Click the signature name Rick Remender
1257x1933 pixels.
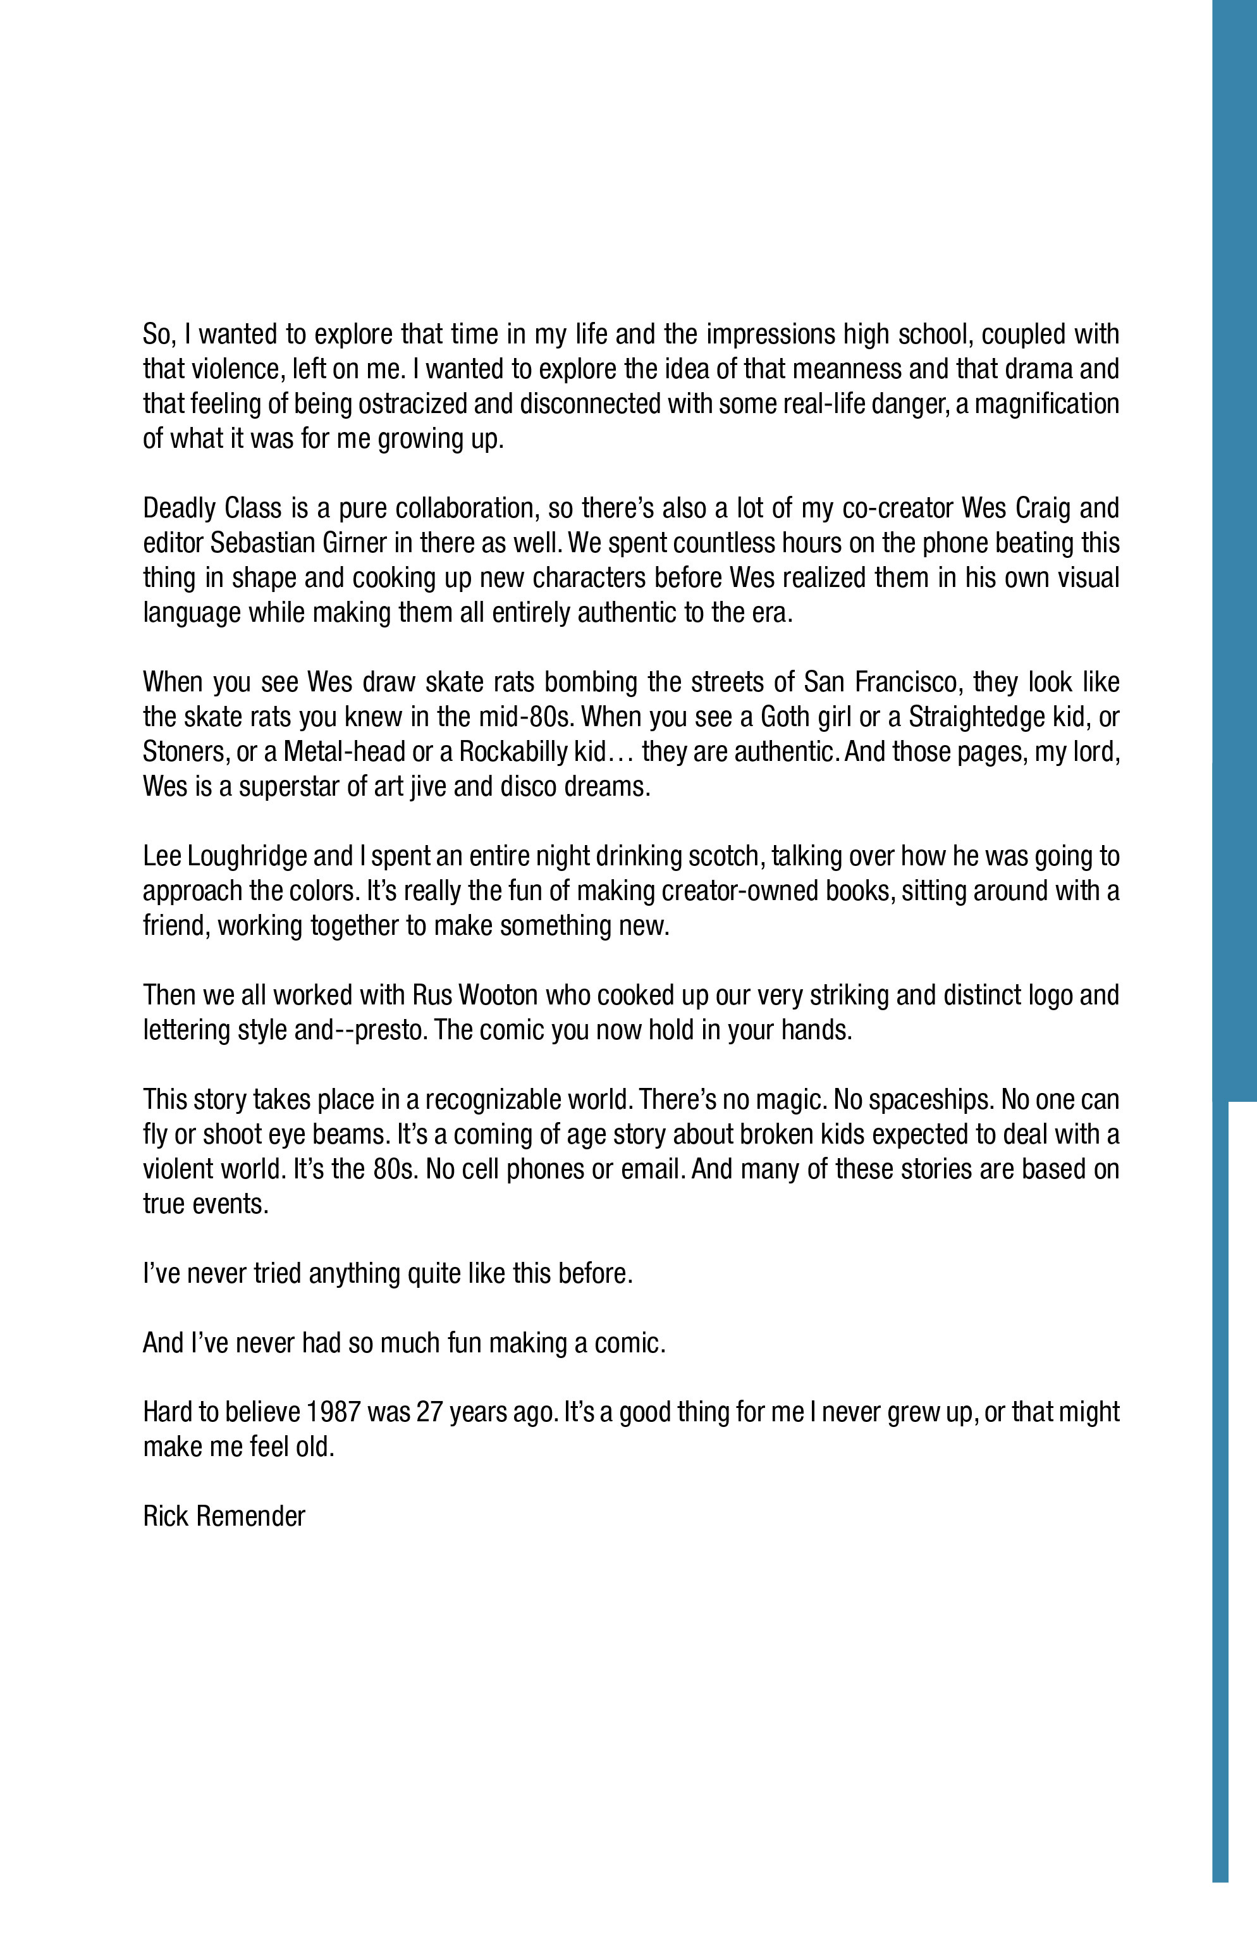(224, 1516)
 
